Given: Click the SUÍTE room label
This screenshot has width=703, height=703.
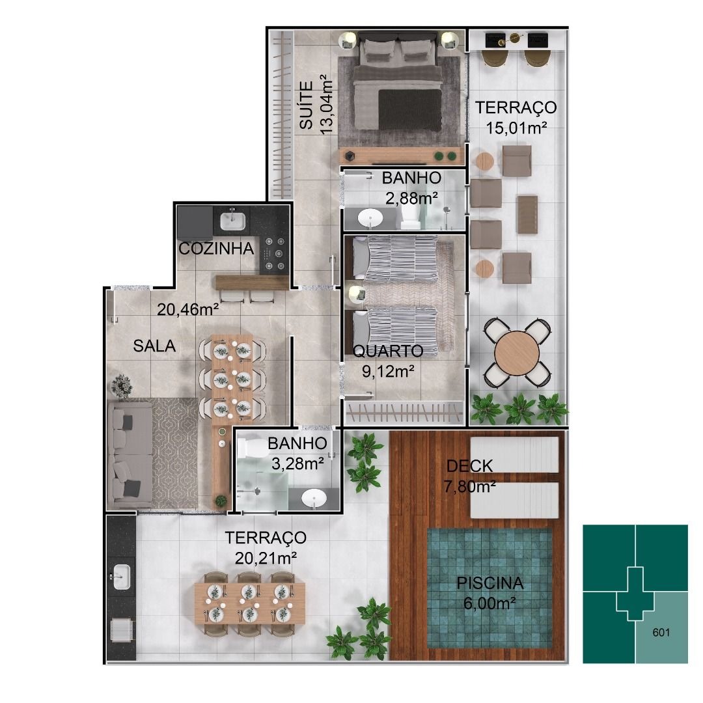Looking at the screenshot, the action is click(306, 105).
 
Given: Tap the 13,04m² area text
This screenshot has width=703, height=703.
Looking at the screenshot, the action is click(326, 105).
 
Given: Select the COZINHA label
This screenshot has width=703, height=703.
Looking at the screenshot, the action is click(216, 249).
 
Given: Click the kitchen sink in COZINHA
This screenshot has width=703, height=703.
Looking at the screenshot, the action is click(232, 221).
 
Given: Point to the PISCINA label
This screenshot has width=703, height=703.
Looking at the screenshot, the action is click(490, 583).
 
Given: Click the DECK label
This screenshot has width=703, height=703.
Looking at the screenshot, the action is click(469, 466).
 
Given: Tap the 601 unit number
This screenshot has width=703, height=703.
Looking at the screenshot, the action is click(661, 632).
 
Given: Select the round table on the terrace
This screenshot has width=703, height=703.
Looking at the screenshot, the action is click(517, 353).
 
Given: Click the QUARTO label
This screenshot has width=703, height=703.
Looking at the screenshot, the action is click(388, 351).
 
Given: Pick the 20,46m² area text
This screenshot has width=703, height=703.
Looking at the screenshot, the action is click(188, 309).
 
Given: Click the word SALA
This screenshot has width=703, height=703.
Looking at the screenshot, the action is click(154, 346).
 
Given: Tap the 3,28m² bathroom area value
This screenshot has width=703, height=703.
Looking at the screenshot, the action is click(297, 463).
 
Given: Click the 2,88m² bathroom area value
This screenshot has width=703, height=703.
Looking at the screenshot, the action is click(411, 198).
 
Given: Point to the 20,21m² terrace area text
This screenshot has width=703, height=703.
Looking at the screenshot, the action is click(266, 558).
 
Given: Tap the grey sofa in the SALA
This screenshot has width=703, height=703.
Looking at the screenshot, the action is click(130, 454).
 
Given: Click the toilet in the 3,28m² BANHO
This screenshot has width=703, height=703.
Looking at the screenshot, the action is click(249, 447).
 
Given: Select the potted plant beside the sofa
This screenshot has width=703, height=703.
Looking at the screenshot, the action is click(121, 386).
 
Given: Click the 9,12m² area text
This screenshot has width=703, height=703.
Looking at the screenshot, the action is click(388, 371).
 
